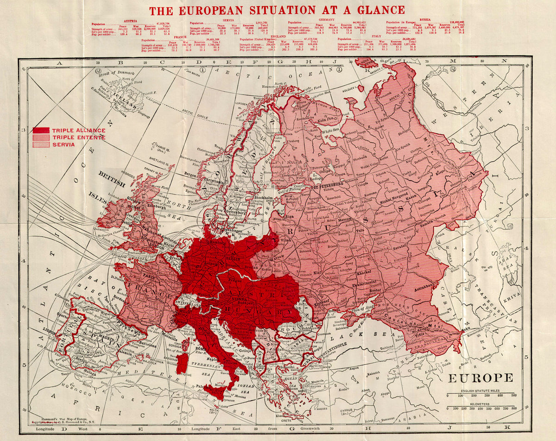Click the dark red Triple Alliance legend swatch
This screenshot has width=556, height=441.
(41, 130)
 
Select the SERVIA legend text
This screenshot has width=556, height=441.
(63, 145)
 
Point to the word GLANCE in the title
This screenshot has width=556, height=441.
(369, 10)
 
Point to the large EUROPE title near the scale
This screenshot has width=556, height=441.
(480, 378)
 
